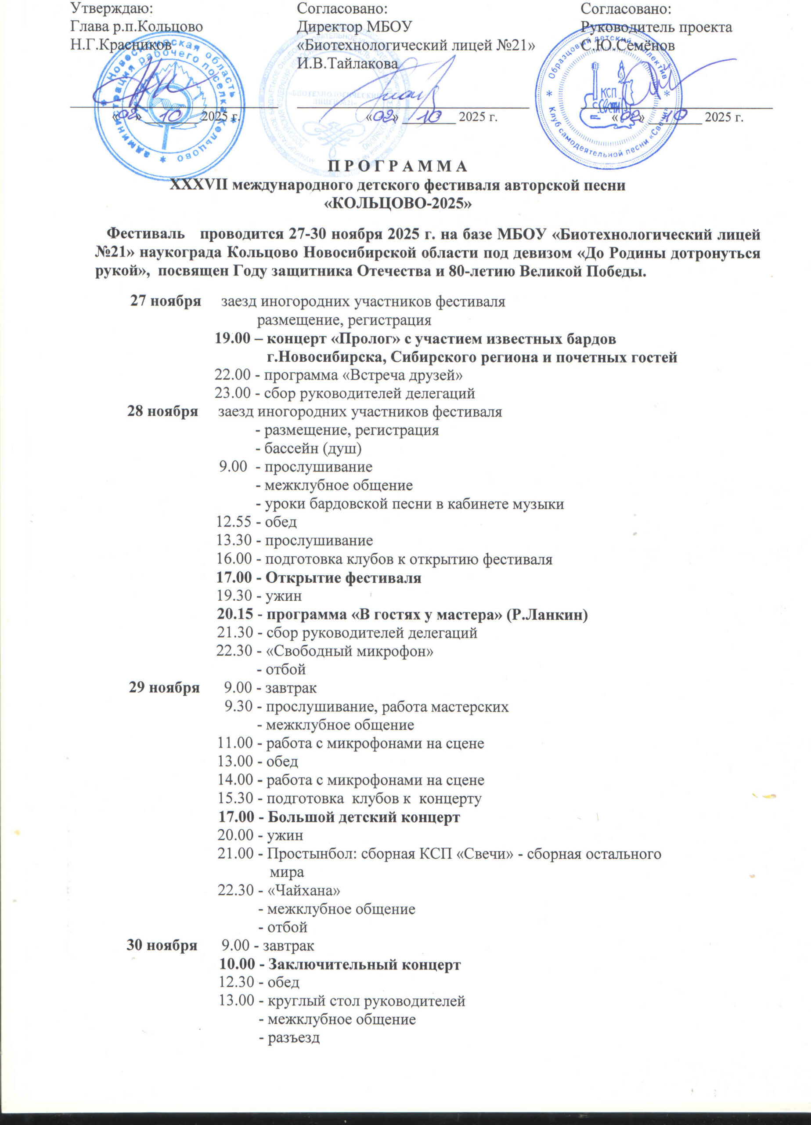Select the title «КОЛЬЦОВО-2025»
tap(397, 204)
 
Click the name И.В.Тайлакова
tap(347, 63)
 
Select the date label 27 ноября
tap(165, 301)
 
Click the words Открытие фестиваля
tap(343, 577)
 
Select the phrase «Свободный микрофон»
tap(350, 651)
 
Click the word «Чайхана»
tap(304, 890)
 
